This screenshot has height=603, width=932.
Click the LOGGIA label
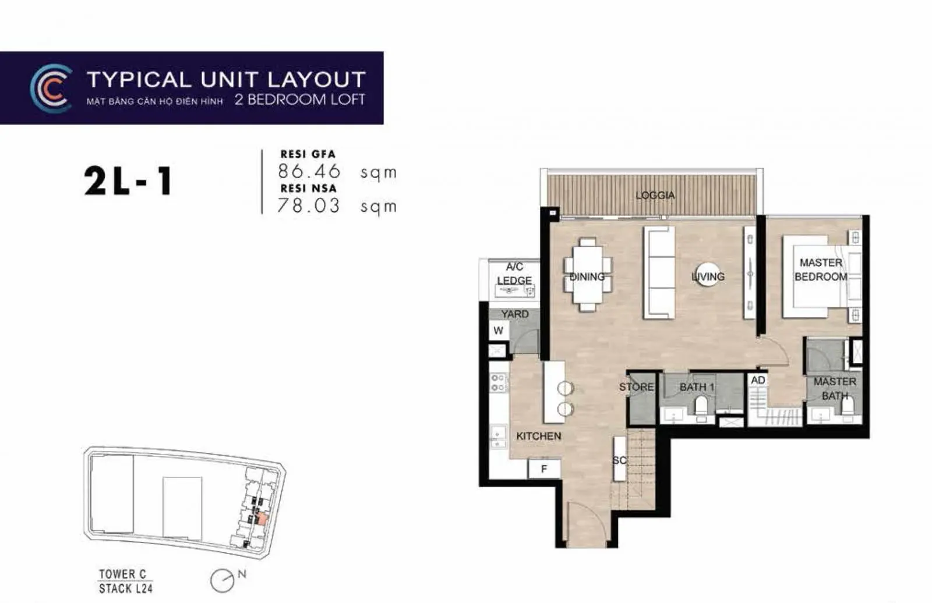click(655, 195)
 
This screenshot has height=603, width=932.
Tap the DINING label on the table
click(587, 276)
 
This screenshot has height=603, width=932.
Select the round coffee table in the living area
click(708, 275)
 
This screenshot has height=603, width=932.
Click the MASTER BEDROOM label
click(821, 269)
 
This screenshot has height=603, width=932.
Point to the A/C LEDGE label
click(515, 273)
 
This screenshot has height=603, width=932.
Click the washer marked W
click(498, 331)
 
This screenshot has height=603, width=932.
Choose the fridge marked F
click(544, 469)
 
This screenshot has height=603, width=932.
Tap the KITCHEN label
click(539, 436)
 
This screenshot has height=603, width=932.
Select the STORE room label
click(636, 386)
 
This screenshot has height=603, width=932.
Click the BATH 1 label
click(697, 386)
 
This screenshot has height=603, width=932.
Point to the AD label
click(758, 380)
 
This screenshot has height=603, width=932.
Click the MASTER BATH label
click(835, 388)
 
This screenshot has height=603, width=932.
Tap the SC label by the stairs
click(620, 460)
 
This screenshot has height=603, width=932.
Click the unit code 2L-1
click(128, 181)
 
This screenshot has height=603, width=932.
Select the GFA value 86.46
click(309, 171)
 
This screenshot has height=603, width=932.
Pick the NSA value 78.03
click(308, 205)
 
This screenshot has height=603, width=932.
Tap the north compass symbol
click(223, 580)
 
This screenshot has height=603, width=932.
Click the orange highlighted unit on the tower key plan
click(262, 519)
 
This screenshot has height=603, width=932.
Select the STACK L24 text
click(126, 588)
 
